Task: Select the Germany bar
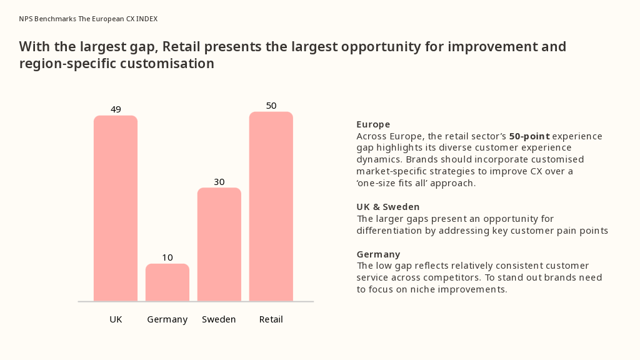click(x=167, y=282)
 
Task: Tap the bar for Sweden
click(x=219, y=244)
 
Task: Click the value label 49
click(x=116, y=109)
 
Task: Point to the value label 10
click(x=167, y=257)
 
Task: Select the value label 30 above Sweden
click(x=219, y=182)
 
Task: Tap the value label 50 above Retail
click(x=271, y=106)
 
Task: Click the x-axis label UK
click(x=116, y=319)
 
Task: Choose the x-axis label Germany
click(x=167, y=319)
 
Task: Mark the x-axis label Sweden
click(x=219, y=319)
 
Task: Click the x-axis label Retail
click(x=271, y=319)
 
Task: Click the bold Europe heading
click(x=373, y=124)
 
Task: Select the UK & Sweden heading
click(x=388, y=207)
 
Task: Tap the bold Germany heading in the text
click(x=378, y=254)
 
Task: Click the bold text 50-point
click(x=529, y=136)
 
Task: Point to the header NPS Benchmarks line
click(x=88, y=19)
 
